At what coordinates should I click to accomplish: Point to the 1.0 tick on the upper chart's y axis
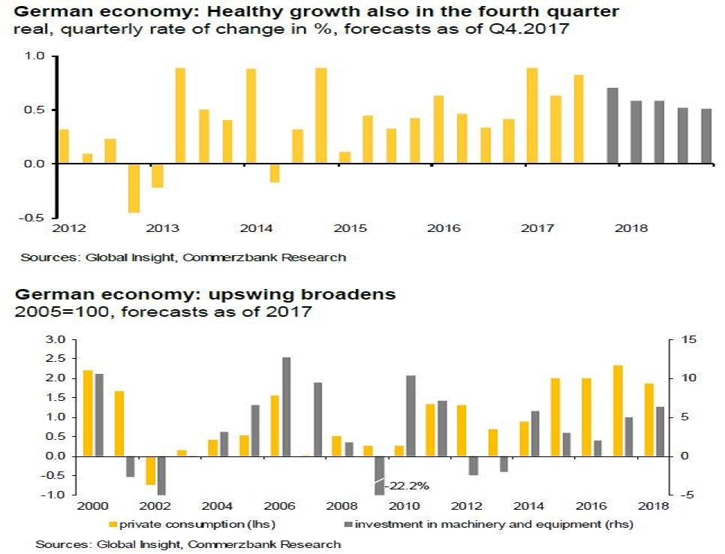pyautogui.click(x=36, y=57)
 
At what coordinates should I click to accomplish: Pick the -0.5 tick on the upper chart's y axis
pyautogui.click(x=35, y=218)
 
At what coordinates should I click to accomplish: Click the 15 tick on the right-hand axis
pyautogui.click(x=689, y=340)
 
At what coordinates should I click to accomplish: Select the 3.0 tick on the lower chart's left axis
pyautogui.click(x=56, y=340)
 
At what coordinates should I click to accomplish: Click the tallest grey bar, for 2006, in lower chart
pyautogui.click(x=286, y=406)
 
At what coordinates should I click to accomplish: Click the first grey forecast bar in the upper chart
pyautogui.click(x=612, y=125)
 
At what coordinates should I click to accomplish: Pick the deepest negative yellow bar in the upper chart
pyautogui.click(x=134, y=188)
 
